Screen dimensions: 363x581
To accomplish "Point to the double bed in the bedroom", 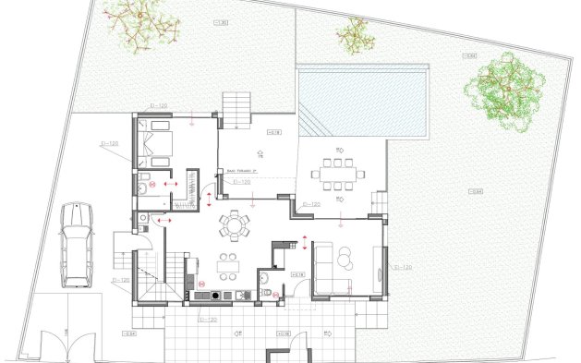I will tap(154, 143).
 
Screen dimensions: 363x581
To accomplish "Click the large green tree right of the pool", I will tap(504, 89).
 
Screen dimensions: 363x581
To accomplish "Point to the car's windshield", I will tap(76, 230).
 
